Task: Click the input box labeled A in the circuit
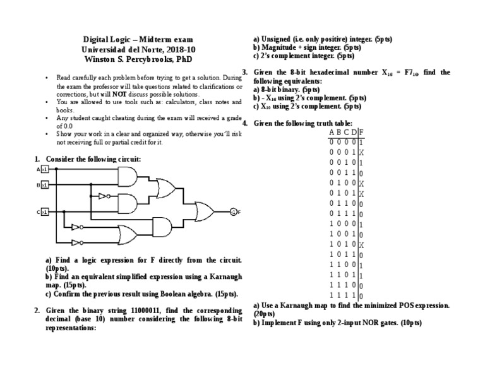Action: [x=45, y=170]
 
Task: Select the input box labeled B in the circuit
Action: [x=45, y=184]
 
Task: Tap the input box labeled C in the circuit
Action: [x=45, y=213]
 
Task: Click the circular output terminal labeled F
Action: [x=233, y=211]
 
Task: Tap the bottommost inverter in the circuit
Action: [x=76, y=242]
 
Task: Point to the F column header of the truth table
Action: [x=361, y=132]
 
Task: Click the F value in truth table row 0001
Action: [x=361, y=152]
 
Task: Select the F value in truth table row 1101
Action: [x=361, y=275]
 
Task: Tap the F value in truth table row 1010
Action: [x=361, y=244]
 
